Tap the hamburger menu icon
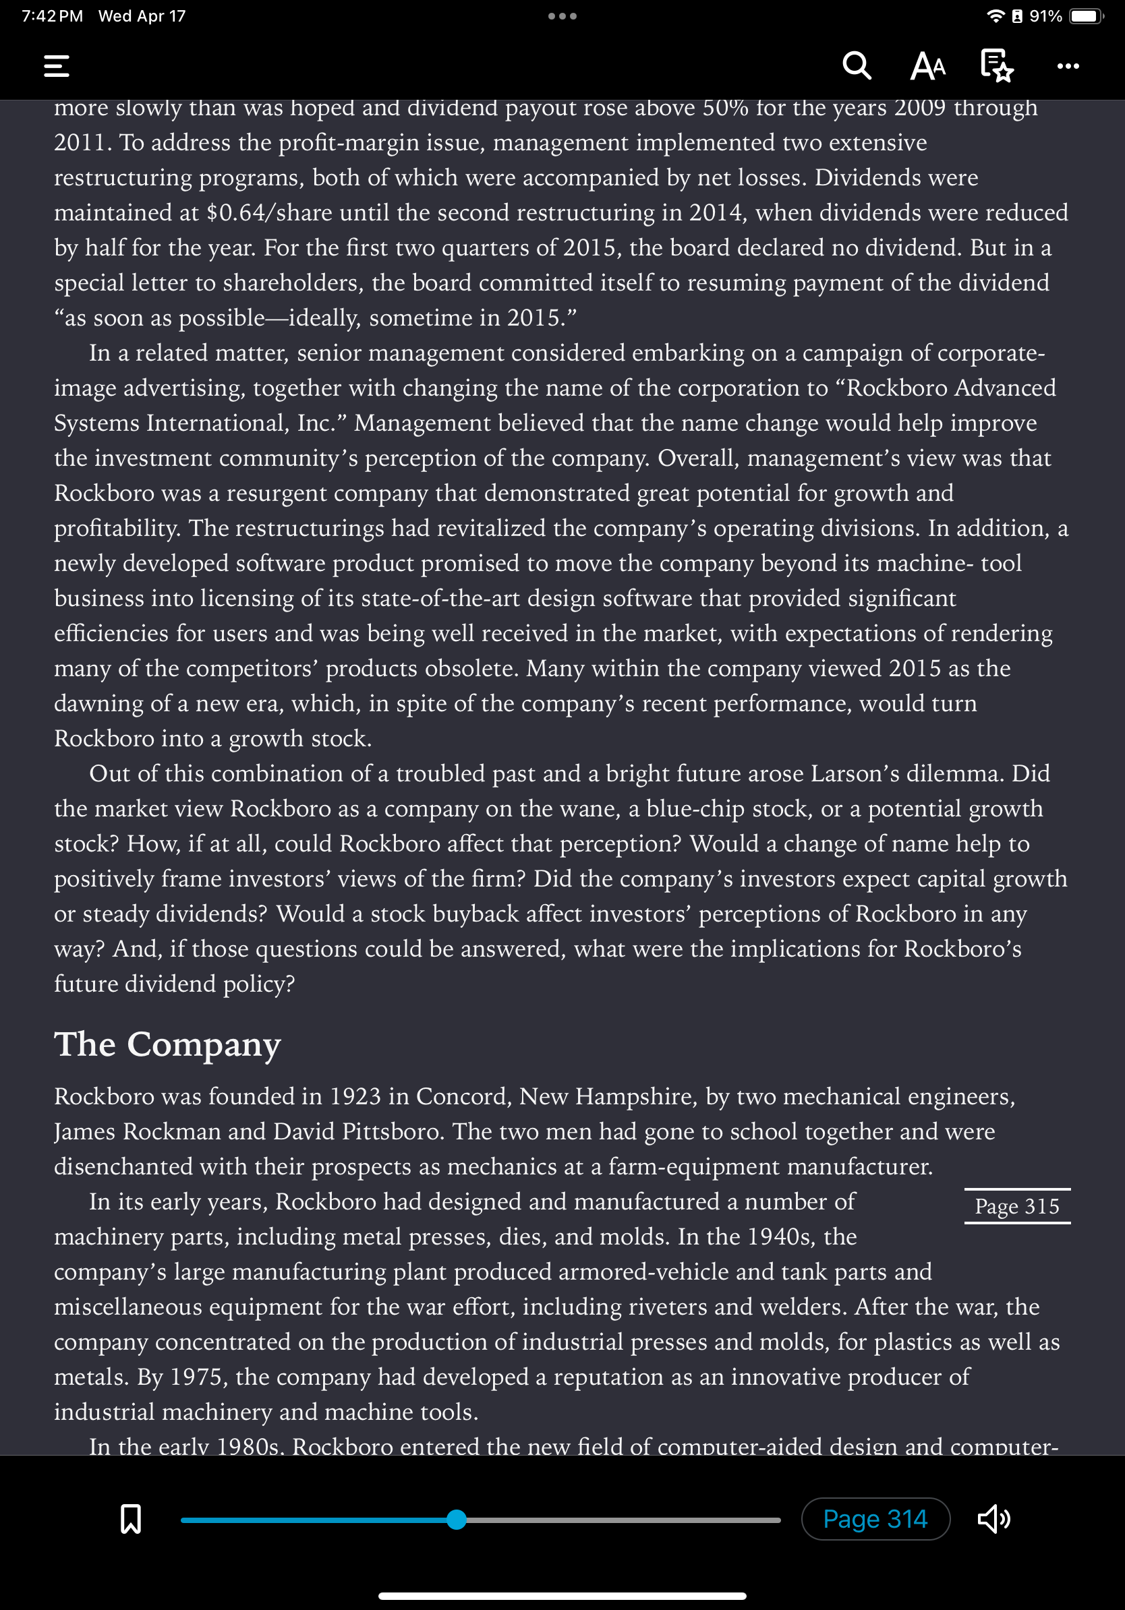pyautogui.click(x=56, y=66)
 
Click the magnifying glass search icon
pyautogui.click(x=857, y=66)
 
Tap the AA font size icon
pyautogui.click(x=927, y=66)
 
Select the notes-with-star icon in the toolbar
pyautogui.click(x=997, y=65)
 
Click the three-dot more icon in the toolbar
pyautogui.click(x=1068, y=66)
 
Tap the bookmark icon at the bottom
pyautogui.click(x=130, y=1519)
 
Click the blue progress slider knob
pyautogui.click(x=457, y=1520)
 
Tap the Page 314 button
pyautogui.click(x=875, y=1519)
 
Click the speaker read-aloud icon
pyautogui.click(x=994, y=1519)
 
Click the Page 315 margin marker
pyautogui.click(x=1016, y=1206)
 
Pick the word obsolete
pyautogui.click(x=470, y=668)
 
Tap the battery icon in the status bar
pyautogui.click(x=1085, y=16)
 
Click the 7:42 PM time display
pyautogui.click(x=52, y=16)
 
